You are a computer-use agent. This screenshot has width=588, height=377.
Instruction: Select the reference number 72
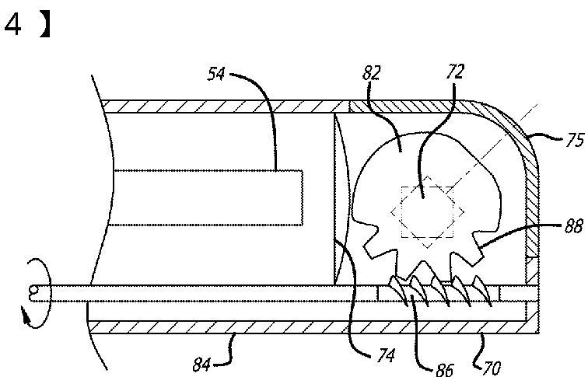[x=455, y=72]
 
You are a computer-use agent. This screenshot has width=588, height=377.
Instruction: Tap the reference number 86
[x=444, y=368]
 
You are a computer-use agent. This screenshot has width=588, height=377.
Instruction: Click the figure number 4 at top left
[x=13, y=26]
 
